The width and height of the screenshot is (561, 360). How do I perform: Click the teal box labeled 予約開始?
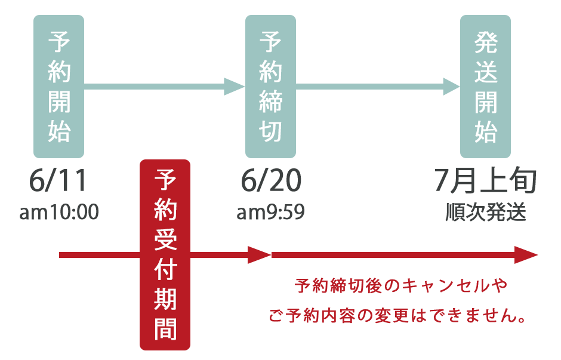(x=58, y=87)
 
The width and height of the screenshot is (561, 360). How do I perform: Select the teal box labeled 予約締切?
(x=270, y=87)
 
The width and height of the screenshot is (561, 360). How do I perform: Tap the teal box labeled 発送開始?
(x=485, y=87)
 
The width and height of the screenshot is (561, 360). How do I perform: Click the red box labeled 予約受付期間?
(x=165, y=255)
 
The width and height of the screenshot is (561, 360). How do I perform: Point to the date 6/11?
(x=58, y=180)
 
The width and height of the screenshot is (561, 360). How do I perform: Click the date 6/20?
(x=271, y=180)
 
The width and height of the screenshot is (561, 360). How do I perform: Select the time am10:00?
(x=59, y=212)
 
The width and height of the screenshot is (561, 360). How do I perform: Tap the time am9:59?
(x=270, y=212)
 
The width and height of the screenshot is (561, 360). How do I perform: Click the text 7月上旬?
(x=486, y=180)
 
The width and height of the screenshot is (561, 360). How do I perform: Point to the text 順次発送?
(x=486, y=212)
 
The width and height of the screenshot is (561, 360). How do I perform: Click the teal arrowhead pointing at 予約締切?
(x=235, y=87)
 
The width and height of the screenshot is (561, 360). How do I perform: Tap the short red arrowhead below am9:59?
(x=260, y=255)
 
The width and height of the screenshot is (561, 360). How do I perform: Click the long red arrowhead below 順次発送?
(x=526, y=255)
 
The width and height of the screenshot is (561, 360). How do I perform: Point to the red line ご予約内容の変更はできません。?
(x=397, y=316)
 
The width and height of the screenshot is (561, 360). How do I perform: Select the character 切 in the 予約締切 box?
(x=270, y=131)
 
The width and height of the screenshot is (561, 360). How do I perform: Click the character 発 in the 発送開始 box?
(x=486, y=42)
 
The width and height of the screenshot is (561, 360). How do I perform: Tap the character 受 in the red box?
(x=165, y=239)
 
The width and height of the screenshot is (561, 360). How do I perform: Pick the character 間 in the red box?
(x=165, y=329)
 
